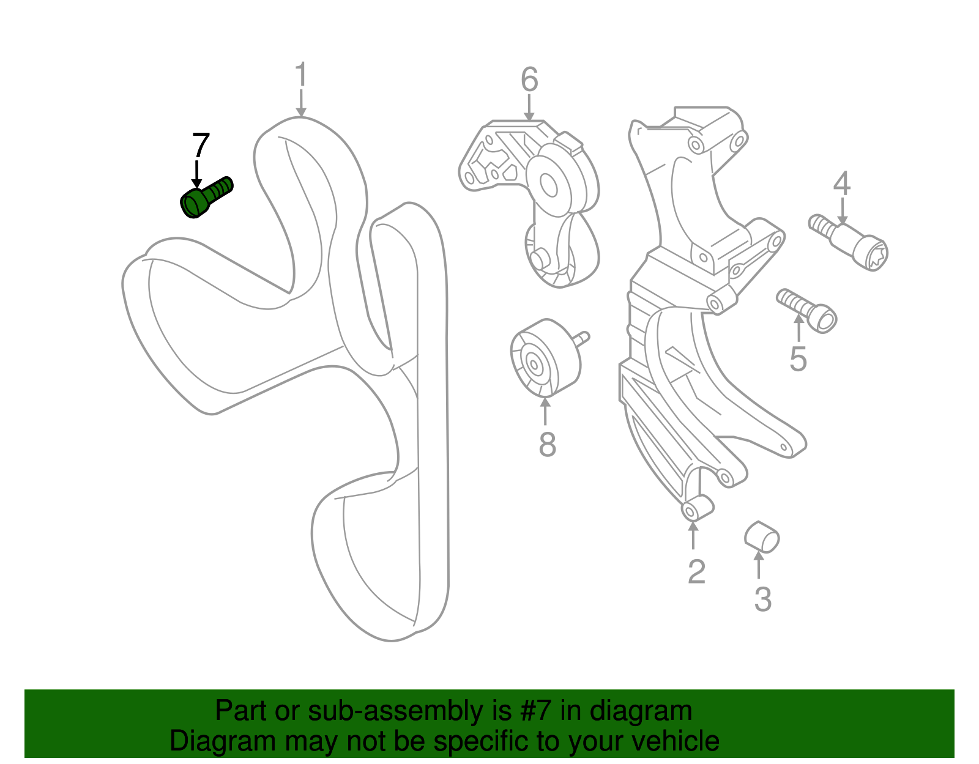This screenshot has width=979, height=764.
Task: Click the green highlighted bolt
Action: [x=206, y=198]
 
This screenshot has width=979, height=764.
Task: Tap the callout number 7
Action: [x=201, y=145]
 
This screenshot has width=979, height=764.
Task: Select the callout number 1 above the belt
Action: [x=301, y=74]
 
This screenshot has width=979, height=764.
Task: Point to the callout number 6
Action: [x=529, y=80]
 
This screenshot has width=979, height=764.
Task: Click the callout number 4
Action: [x=841, y=184]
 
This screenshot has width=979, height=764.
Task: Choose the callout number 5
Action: [x=798, y=359]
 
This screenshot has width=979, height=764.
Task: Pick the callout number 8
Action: [x=548, y=444]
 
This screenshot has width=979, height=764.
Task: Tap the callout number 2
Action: [x=696, y=571]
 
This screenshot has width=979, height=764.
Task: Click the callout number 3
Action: [x=763, y=599]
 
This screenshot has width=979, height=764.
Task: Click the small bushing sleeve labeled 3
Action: [x=761, y=536]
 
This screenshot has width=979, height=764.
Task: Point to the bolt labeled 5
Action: [x=806, y=311]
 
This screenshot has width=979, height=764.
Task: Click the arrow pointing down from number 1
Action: [x=301, y=103]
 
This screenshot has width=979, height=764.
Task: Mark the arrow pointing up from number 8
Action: [x=545, y=411]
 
